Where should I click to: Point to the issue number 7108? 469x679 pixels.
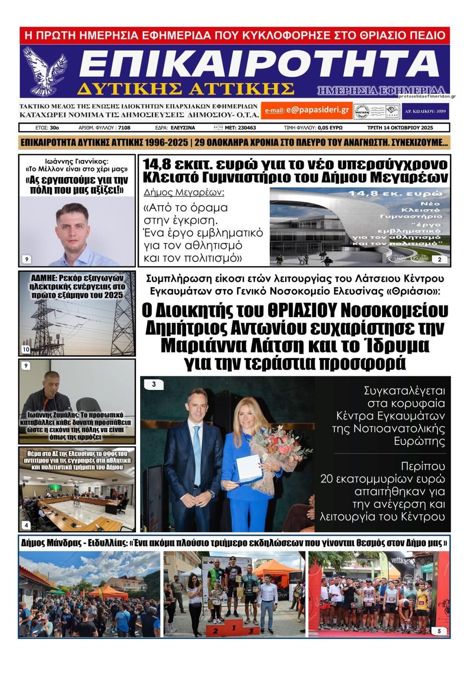point(124,128)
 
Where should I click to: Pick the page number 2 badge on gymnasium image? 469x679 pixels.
point(440,259)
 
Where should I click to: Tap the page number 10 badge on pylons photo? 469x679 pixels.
point(26,349)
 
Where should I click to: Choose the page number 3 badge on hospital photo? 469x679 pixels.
point(154,384)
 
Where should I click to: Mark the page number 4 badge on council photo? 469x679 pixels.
point(26,525)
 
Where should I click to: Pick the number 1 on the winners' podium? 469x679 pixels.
point(233,629)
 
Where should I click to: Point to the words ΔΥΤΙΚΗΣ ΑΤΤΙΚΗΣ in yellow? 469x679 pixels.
point(185,89)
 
